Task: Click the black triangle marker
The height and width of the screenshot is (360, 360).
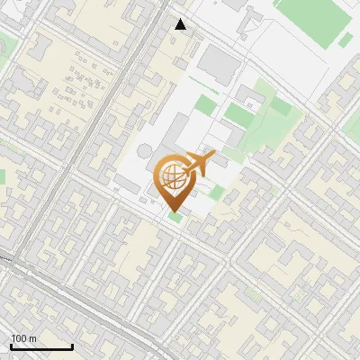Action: (182, 24)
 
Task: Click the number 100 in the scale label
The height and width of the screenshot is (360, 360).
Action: (18, 338)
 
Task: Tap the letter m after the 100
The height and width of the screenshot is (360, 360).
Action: (32, 338)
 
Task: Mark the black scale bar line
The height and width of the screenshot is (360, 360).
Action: (41, 346)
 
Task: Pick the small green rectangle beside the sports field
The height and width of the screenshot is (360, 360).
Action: (346, 40)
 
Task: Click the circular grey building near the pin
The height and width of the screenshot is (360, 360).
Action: (146, 150)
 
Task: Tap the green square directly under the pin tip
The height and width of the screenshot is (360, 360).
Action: (174, 217)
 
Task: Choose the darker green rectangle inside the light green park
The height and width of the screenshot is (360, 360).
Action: (238, 112)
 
